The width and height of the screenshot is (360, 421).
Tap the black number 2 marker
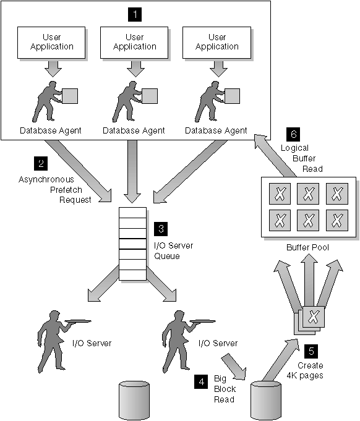(x=41, y=164)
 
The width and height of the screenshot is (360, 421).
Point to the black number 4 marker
(x=201, y=382)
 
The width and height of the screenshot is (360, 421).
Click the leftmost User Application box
(x=53, y=42)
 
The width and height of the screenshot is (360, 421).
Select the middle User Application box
(x=134, y=42)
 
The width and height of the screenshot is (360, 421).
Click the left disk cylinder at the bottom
(x=135, y=401)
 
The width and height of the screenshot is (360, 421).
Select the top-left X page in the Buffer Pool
(x=280, y=193)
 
